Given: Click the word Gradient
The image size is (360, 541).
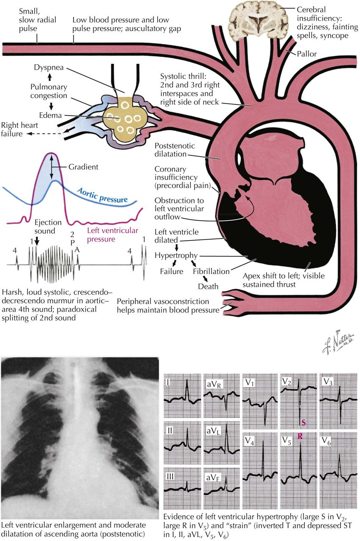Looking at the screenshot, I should tap(83, 167).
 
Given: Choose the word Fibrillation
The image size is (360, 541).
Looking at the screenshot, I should tap(211, 271).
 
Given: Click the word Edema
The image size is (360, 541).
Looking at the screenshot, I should tap(49, 115).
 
